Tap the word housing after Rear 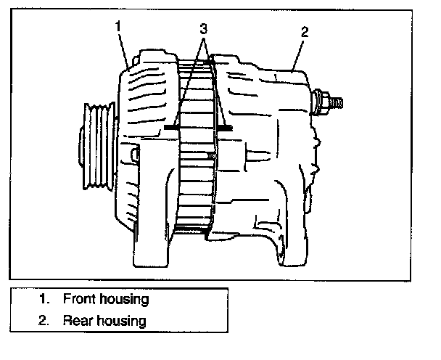coord(120,321)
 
